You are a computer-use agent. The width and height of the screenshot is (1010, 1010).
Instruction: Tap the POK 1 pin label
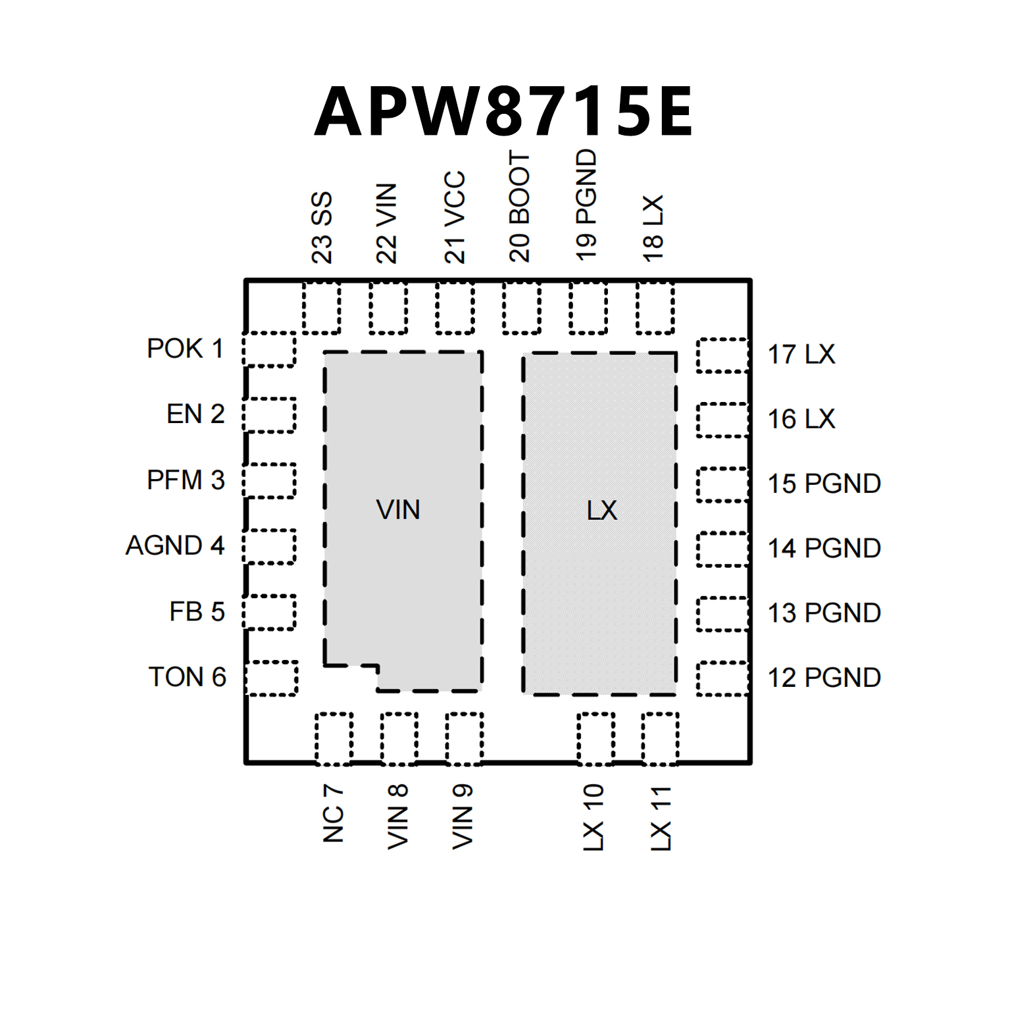click(x=185, y=349)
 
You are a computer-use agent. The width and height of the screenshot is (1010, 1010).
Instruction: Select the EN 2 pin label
click(x=195, y=415)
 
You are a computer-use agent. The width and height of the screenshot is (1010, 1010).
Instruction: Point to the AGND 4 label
click(x=175, y=545)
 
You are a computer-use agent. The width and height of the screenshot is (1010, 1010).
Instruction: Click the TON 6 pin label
click(x=188, y=677)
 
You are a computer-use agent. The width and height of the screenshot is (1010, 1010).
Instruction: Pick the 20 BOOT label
click(x=520, y=207)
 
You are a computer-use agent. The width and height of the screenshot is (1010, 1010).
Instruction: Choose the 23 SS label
click(x=322, y=228)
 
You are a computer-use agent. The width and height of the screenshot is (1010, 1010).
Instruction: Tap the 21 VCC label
click(x=455, y=217)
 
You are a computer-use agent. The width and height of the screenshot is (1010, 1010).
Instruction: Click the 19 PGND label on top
click(x=586, y=205)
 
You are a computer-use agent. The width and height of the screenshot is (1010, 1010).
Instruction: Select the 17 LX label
click(x=801, y=355)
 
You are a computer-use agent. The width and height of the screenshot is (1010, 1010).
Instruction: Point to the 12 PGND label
click(x=824, y=678)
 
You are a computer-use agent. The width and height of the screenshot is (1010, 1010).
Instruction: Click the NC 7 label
click(x=334, y=813)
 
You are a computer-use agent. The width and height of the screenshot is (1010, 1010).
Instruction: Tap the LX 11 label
click(x=661, y=818)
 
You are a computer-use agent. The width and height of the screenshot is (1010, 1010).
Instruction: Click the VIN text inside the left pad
click(x=398, y=510)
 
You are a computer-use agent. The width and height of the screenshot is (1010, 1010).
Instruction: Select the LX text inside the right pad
click(x=602, y=511)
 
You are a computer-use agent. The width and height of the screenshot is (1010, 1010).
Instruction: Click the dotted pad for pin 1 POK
click(x=269, y=349)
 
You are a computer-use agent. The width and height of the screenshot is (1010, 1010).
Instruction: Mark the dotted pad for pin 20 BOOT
click(x=522, y=308)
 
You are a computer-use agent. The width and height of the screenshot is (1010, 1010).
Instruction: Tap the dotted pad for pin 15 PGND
click(x=722, y=484)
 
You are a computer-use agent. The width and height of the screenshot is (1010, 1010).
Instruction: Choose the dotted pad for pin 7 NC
click(x=334, y=738)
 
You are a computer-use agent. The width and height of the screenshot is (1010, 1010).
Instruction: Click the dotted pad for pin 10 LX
click(x=595, y=738)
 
